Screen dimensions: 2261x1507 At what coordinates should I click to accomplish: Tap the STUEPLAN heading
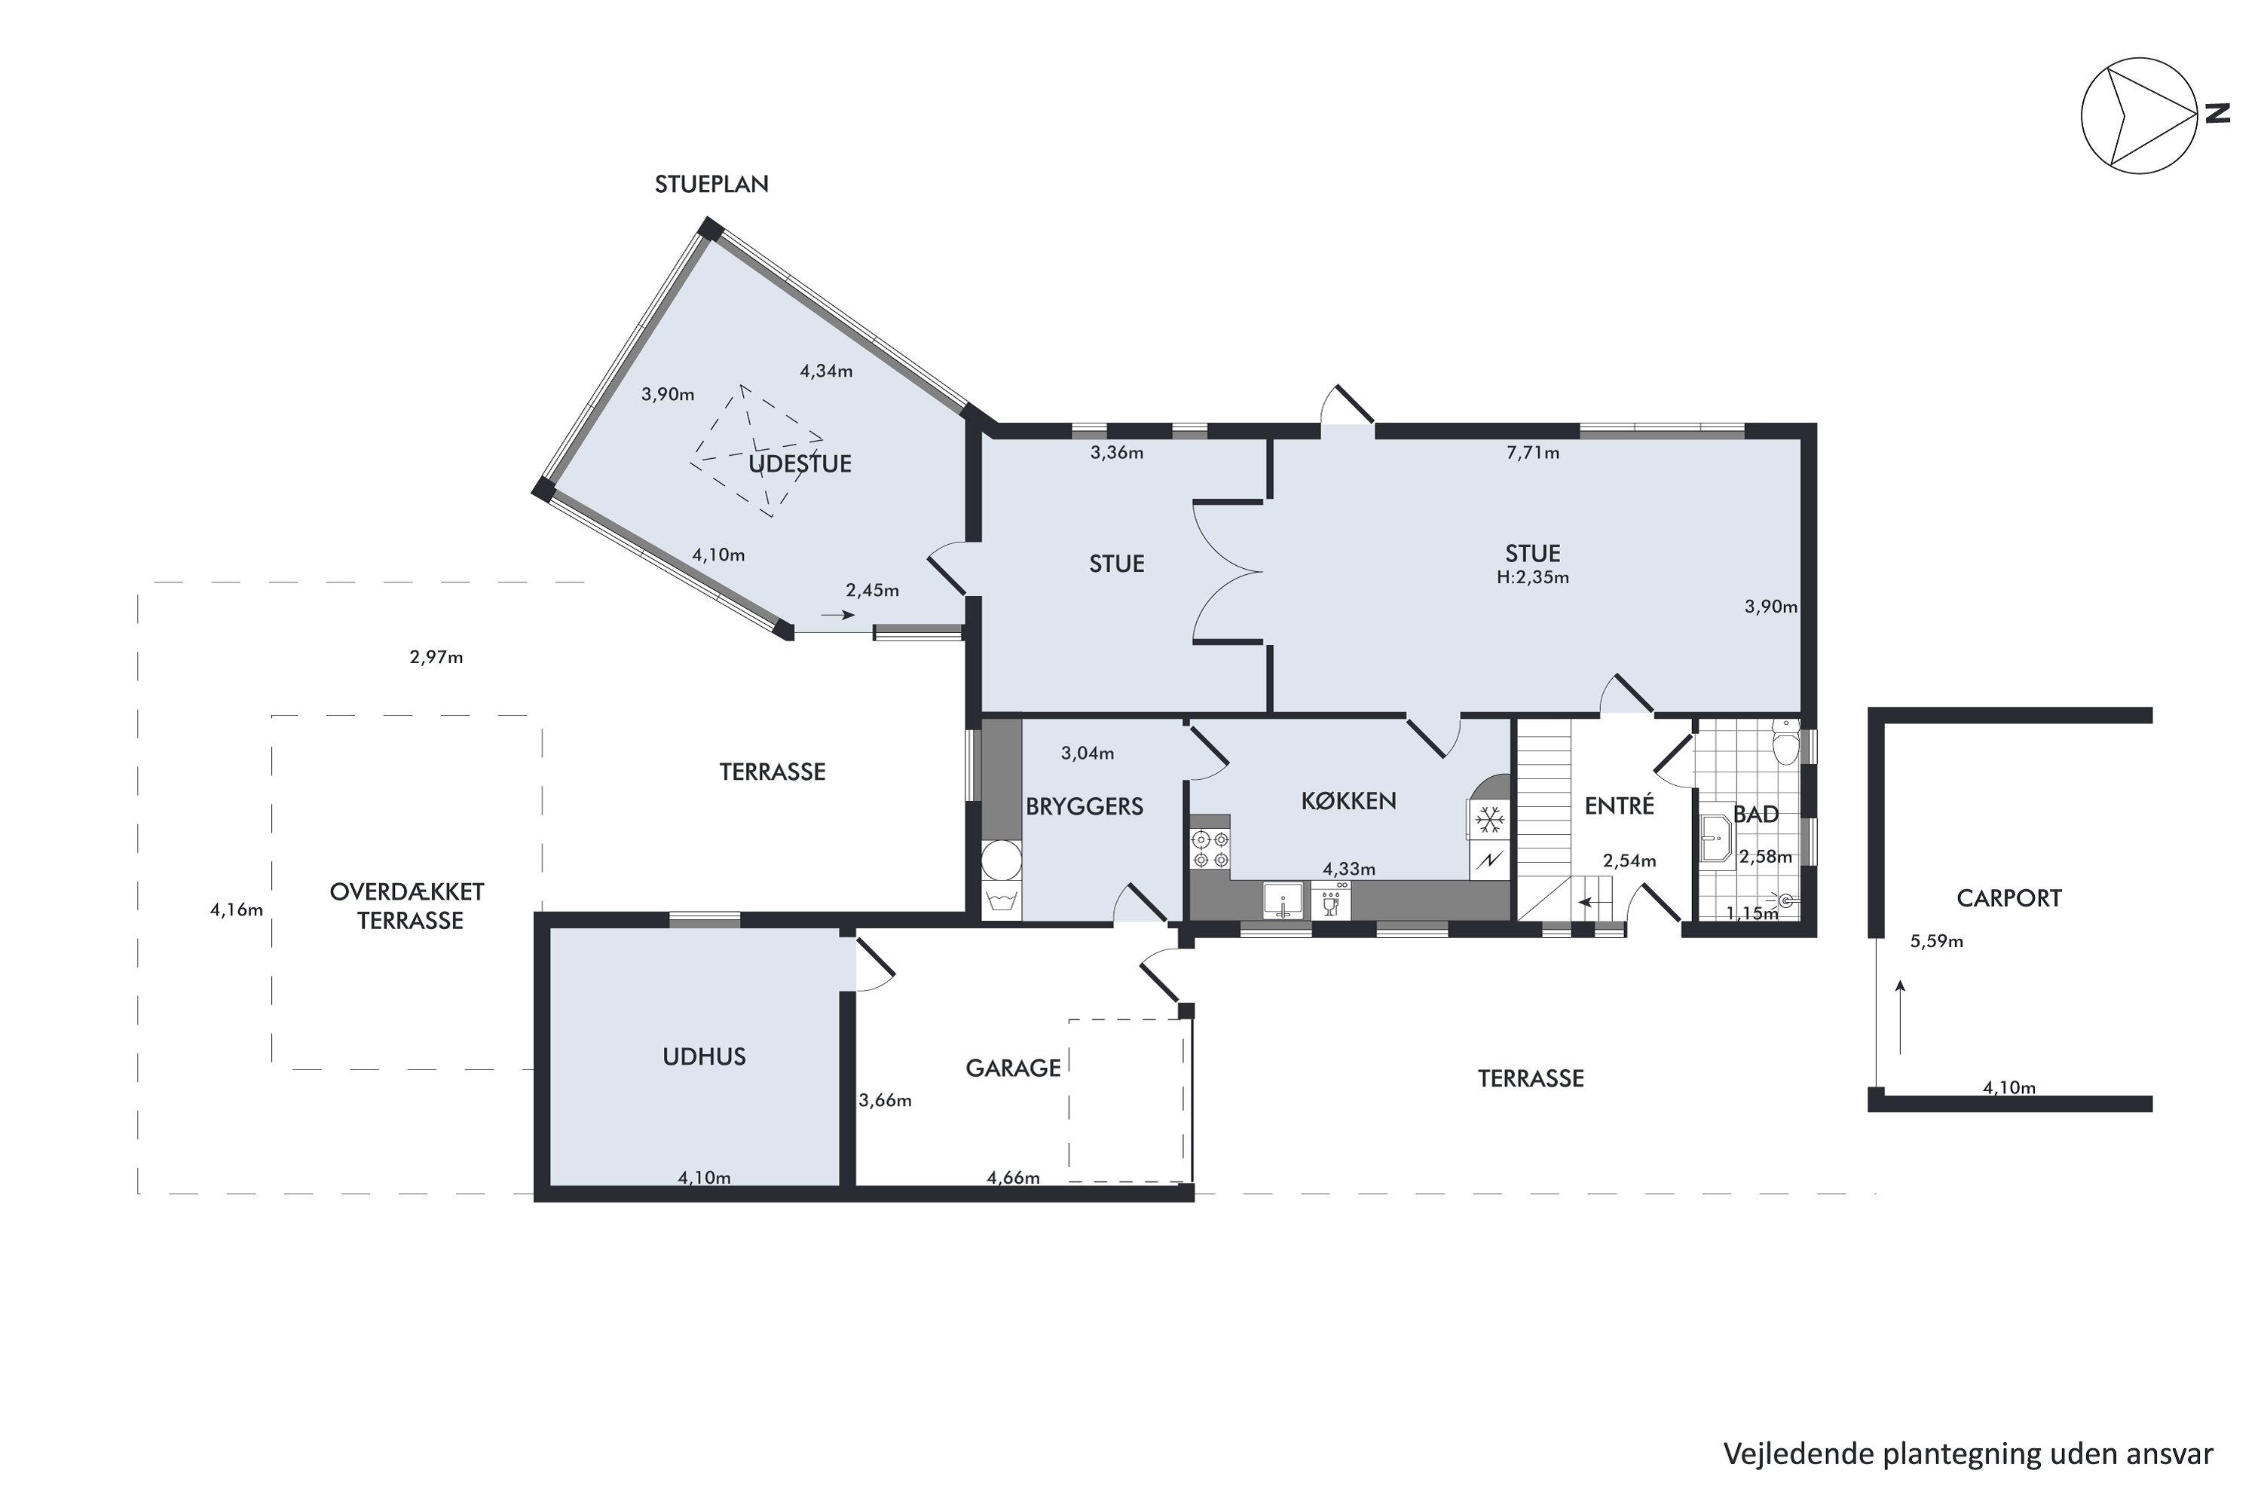pos(711,185)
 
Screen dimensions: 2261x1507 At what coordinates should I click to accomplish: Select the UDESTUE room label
pos(800,464)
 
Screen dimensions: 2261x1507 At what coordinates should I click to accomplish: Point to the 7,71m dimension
pos(1532,453)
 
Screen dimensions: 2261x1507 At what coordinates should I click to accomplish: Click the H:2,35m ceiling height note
pos(1532,578)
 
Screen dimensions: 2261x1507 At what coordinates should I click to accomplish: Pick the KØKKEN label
pos(1349,800)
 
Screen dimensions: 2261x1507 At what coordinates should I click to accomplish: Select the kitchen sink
pos(1283,901)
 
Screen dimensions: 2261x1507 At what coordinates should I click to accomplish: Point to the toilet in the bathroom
pos(1785,743)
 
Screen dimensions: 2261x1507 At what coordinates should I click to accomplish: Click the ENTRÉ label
pos(1619,805)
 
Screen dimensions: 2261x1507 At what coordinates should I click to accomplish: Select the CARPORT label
pos(2009,899)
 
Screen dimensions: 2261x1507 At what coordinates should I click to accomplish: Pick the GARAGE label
pos(1013,1068)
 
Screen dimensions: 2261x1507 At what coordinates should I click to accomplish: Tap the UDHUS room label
pos(704,1057)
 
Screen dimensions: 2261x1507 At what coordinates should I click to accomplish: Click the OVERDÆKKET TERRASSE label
pos(408,906)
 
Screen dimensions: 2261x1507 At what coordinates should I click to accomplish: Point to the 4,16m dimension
pos(237,910)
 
